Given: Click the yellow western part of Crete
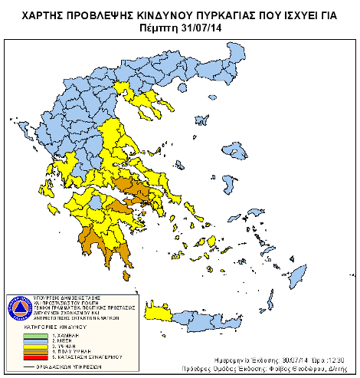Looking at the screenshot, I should [157, 313].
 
